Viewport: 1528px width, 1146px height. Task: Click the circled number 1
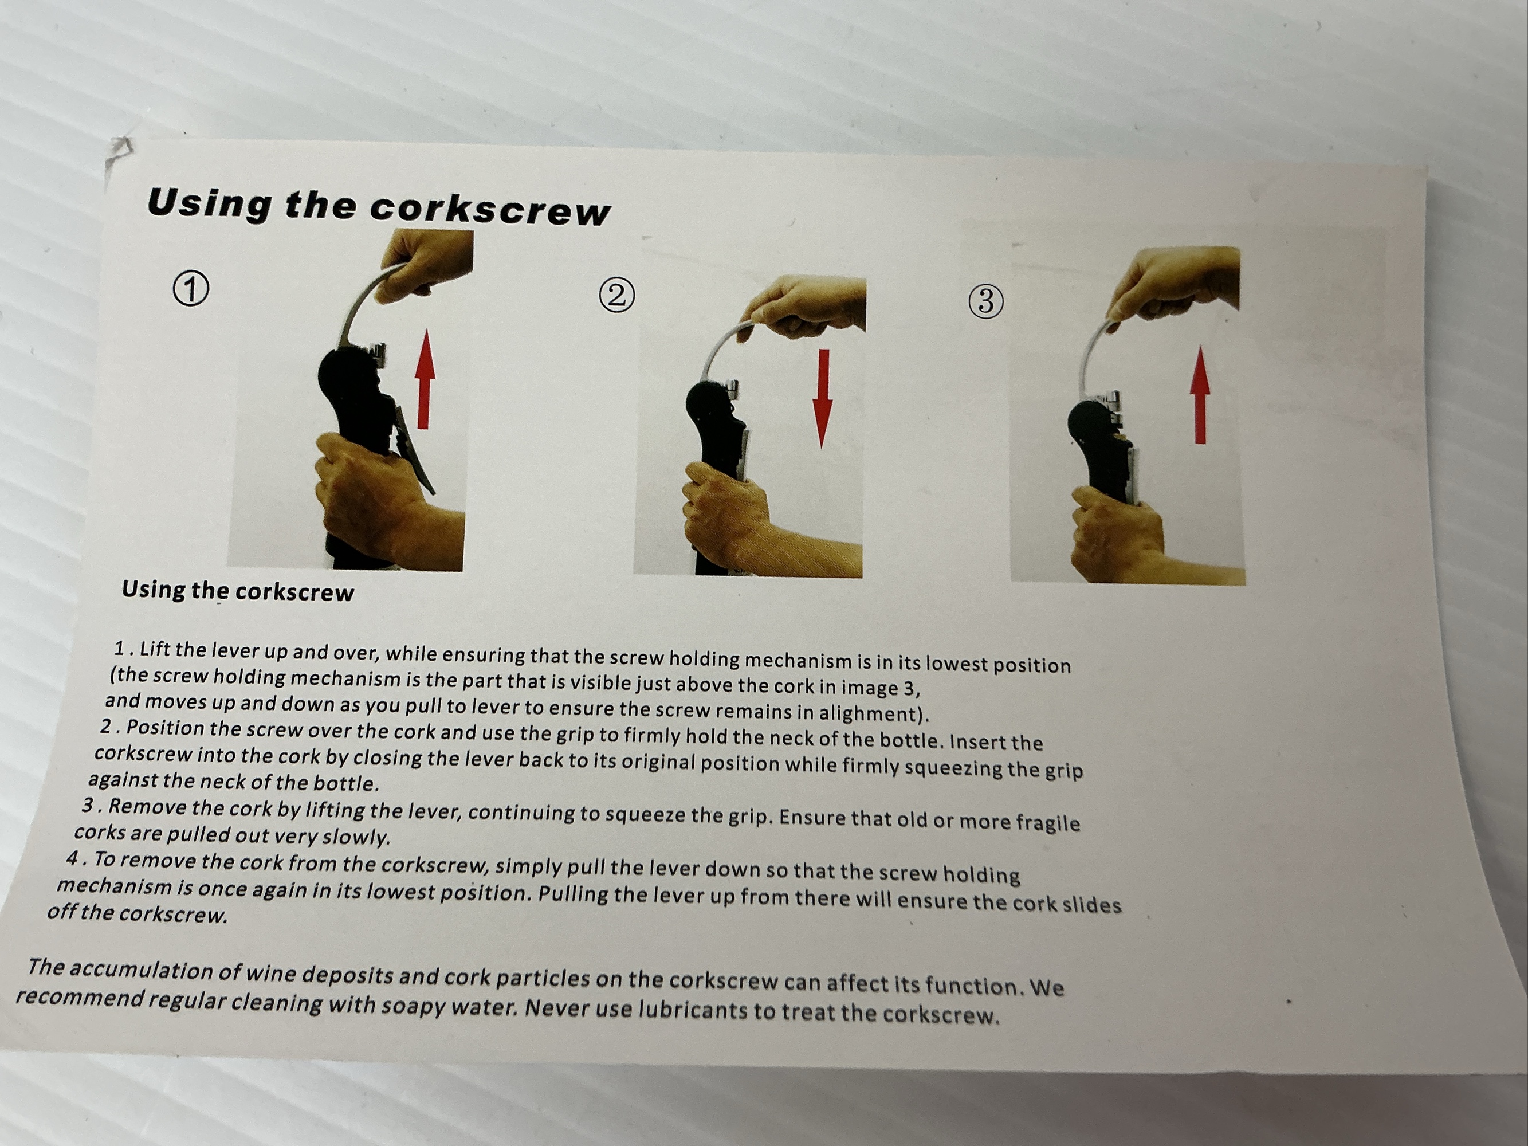(x=191, y=289)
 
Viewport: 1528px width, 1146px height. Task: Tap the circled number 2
(x=617, y=295)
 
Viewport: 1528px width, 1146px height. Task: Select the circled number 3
(x=986, y=302)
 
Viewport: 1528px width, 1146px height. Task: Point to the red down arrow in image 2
(x=822, y=399)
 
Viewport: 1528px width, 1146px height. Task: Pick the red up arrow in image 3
(x=1201, y=394)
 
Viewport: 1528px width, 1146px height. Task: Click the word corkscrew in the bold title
(x=490, y=209)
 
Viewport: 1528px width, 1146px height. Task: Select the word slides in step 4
(x=1089, y=904)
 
